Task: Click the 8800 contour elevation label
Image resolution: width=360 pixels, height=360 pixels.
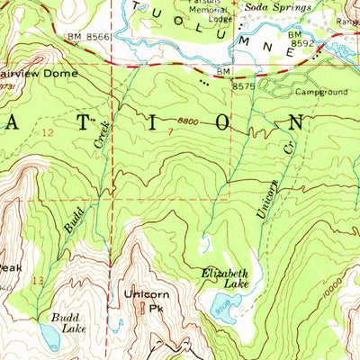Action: [186, 121]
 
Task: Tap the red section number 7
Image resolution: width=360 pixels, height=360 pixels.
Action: [169, 132]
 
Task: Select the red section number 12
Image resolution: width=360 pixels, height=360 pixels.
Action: [48, 132]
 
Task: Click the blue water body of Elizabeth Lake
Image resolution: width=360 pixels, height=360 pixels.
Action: [222, 310]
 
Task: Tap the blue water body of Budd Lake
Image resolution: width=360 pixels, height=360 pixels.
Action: [49, 338]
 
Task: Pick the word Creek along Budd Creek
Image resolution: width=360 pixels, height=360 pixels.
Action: [101, 131]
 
